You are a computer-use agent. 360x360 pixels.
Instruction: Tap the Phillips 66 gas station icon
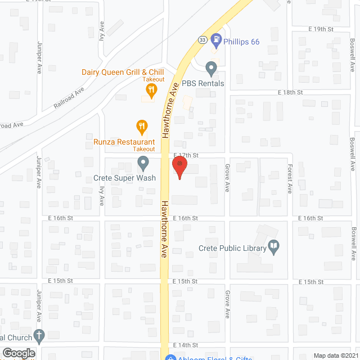(216, 40)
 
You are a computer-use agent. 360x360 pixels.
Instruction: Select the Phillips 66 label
(241, 41)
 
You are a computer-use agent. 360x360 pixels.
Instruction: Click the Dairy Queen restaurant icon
(150, 89)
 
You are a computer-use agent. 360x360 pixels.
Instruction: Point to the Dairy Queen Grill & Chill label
(122, 72)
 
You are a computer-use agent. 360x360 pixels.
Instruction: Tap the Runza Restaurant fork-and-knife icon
(142, 126)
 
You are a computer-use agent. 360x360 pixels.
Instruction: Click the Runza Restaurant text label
(124, 142)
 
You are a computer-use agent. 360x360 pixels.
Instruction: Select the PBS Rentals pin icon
(211, 68)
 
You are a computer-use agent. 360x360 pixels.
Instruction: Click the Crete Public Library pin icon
(273, 246)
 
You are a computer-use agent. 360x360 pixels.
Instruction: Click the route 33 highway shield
(201, 39)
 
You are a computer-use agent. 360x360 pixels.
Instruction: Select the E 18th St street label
(290, 92)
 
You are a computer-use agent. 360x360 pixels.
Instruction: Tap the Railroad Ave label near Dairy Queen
(69, 98)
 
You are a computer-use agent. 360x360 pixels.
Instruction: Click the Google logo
(19, 353)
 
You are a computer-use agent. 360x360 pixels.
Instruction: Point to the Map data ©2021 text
(335, 355)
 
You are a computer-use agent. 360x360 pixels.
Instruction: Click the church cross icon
(38, 336)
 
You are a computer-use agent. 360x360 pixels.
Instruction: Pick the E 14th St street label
(185, 344)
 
